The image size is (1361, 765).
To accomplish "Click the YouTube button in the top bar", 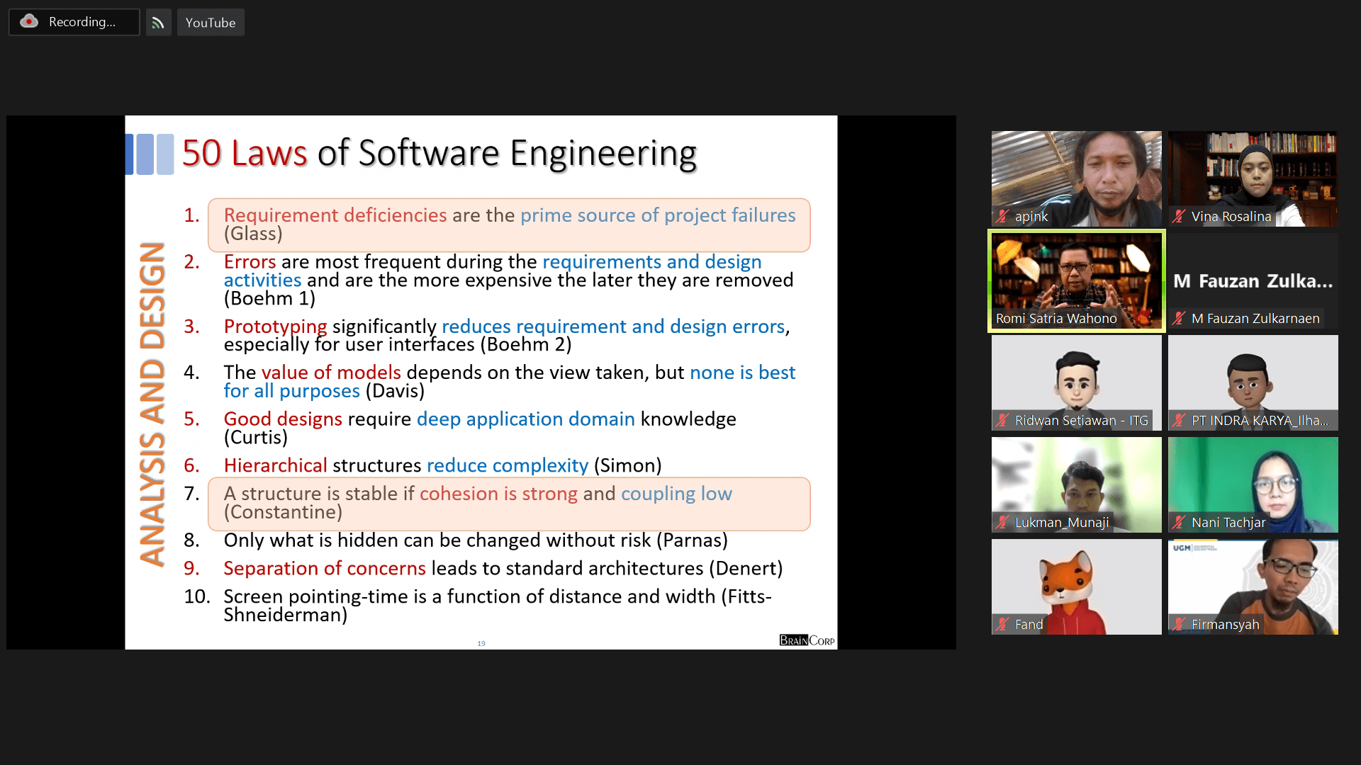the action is coord(211,23).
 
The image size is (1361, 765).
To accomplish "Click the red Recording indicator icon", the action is coord(29,21).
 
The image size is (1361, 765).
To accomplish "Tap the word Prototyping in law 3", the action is coord(275,327).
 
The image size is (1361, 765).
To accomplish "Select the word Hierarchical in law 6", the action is coord(275,465).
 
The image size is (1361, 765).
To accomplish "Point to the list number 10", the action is coord(197,596).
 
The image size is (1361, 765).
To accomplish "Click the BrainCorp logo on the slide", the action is coord(807,640).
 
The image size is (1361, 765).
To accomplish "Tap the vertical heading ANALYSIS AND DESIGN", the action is coord(152,404).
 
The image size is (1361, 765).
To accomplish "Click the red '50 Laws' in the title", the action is coord(245,153).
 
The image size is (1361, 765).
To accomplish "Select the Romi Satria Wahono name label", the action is coord(1056,319).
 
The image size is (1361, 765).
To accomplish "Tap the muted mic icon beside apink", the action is coord(1002,217).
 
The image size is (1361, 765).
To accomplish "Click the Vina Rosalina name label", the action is coord(1231,217).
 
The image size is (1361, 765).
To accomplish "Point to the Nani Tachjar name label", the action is coord(1228,523).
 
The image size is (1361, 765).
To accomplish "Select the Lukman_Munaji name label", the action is coord(1062,523).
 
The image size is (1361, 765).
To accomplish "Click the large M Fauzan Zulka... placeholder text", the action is coord(1253,281).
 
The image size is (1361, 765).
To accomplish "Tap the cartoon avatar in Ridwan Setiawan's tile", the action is coord(1077,382).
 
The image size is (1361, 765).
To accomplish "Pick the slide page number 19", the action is coord(481,643).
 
